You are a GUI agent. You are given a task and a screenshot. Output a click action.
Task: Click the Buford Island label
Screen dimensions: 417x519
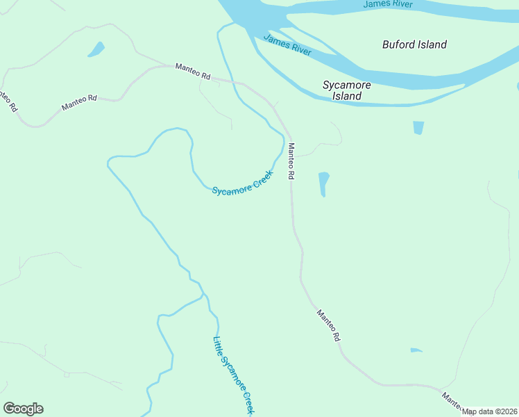click(414, 44)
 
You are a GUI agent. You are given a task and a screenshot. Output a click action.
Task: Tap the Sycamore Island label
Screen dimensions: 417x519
click(346, 90)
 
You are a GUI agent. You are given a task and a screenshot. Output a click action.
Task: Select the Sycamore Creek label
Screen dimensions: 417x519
click(243, 183)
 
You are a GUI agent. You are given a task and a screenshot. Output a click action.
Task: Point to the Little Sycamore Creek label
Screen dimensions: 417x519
click(234, 375)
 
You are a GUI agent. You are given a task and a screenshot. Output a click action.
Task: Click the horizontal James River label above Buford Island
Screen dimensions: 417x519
click(387, 5)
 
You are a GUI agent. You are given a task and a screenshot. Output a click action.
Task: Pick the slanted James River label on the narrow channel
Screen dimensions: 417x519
click(287, 44)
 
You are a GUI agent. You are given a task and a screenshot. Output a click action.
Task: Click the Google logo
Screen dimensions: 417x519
click(23, 409)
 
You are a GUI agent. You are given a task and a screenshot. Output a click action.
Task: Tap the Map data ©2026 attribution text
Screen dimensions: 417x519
click(490, 411)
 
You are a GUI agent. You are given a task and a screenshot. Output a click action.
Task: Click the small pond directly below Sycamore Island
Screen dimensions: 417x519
click(418, 128)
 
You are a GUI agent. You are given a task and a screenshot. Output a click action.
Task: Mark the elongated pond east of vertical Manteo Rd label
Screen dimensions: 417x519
click(323, 184)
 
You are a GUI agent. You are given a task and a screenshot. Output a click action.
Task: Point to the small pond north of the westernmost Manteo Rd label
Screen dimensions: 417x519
click(96, 49)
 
